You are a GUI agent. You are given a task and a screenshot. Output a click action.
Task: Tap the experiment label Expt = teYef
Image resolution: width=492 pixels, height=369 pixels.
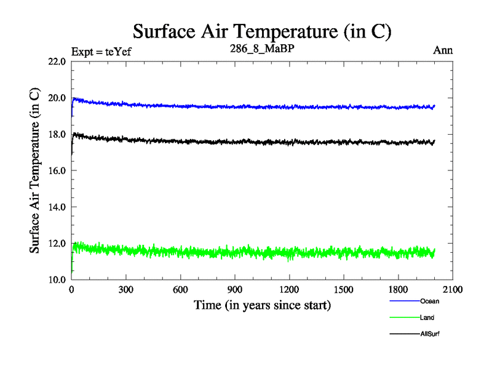(x=101, y=51)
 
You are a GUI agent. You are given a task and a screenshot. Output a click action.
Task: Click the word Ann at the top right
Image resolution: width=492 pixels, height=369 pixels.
(x=443, y=50)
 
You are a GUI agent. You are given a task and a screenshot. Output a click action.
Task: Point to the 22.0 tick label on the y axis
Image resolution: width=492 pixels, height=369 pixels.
(x=57, y=61)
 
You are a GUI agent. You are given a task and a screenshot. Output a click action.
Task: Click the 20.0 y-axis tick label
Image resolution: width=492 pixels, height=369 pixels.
(x=57, y=98)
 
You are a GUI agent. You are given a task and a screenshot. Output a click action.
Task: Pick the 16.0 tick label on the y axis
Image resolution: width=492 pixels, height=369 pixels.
(x=57, y=170)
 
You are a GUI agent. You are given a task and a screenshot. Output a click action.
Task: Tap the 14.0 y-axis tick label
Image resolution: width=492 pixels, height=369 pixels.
(x=57, y=207)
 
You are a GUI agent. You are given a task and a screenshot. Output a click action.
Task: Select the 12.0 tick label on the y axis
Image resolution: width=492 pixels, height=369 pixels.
(x=57, y=243)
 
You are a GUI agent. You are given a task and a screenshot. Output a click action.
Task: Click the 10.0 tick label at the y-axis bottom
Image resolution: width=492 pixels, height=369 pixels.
(x=57, y=279)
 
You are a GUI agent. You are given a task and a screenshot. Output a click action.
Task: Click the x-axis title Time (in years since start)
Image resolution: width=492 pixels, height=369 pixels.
(x=262, y=305)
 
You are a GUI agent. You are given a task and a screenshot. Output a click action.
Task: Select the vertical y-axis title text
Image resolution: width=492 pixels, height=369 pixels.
(x=35, y=170)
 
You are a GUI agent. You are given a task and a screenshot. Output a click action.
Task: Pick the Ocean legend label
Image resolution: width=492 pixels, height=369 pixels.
(x=430, y=301)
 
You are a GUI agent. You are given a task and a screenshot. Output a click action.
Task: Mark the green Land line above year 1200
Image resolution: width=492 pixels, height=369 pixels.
(x=289, y=253)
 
